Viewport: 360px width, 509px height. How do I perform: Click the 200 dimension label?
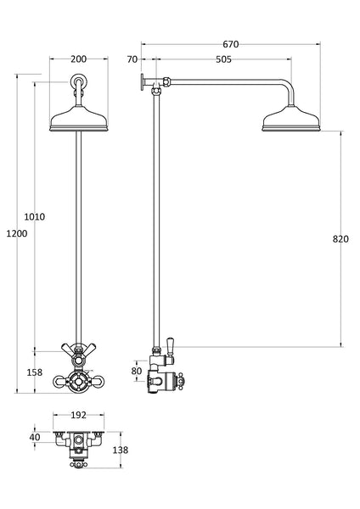(x=78, y=59)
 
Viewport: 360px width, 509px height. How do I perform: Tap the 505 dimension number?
(x=222, y=59)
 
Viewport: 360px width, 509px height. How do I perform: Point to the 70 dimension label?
(x=131, y=59)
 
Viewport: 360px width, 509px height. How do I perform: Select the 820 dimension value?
(x=340, y=239)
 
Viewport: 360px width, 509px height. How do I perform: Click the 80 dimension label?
(x=137, y=371)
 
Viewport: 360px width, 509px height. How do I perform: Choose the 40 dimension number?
(x=34, y=437)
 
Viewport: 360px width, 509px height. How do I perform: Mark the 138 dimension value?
(x=120, y=450)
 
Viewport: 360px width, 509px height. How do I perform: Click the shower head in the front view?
(x=78, y=117)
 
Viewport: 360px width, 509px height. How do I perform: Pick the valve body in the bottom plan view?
(x=79, y=443)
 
